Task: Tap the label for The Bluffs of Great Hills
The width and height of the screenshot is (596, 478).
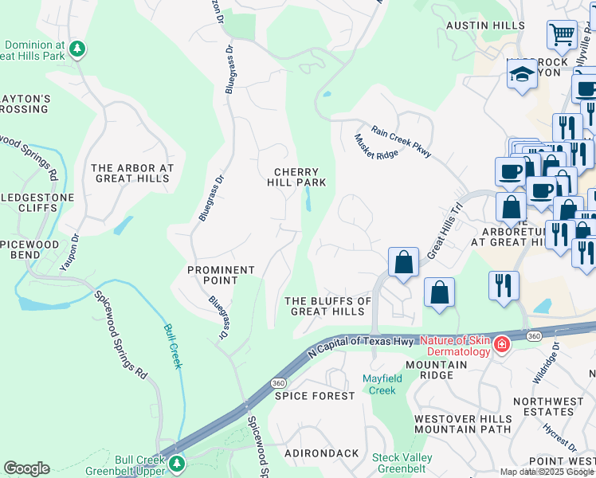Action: tap(328, 306)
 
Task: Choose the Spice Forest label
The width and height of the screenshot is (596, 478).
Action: tap(315, 396)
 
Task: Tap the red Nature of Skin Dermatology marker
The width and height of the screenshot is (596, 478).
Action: tap(502, 344)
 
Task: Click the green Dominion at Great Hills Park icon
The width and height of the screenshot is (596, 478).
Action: tap(77, 49)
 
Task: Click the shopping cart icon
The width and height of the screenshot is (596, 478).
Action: tap(562, 34)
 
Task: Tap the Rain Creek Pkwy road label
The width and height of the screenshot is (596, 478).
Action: tap(401, 140)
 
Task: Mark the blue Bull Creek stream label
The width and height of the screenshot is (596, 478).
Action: tap(173, 346)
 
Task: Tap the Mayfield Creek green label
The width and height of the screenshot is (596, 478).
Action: tap(379, 384)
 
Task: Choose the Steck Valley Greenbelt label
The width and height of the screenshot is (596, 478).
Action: tap(402, 463)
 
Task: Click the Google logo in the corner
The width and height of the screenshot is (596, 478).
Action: tap(26, 468)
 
